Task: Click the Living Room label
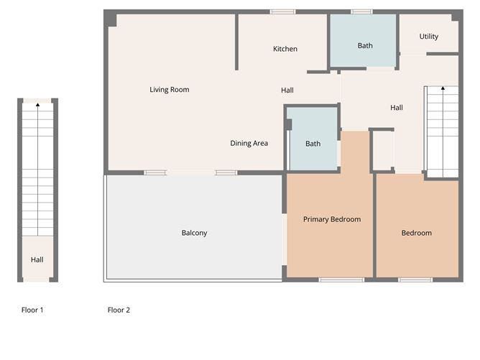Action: (170, 90)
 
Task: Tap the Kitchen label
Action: (285, 49)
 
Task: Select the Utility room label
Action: (428, 37)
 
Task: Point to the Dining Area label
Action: (249, 143)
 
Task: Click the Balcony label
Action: (195, 233)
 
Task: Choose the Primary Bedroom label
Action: (332, 219)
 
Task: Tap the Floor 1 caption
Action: (32, 310)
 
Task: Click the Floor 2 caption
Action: (119, 310)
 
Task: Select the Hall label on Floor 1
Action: (37, 260)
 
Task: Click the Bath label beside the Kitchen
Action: (365, 45)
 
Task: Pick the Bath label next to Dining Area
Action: (313, 144)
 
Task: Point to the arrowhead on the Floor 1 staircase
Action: (37, 105)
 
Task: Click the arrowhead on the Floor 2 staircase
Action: (443, 88)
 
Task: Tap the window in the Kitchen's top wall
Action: (282, 12)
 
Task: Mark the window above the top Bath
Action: (361, 12)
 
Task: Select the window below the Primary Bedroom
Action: (341, 280)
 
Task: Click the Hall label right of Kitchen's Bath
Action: (397, 108)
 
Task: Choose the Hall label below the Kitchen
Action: (287, 91)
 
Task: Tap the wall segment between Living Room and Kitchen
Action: (236, 42)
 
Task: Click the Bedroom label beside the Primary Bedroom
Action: (416, 233)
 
